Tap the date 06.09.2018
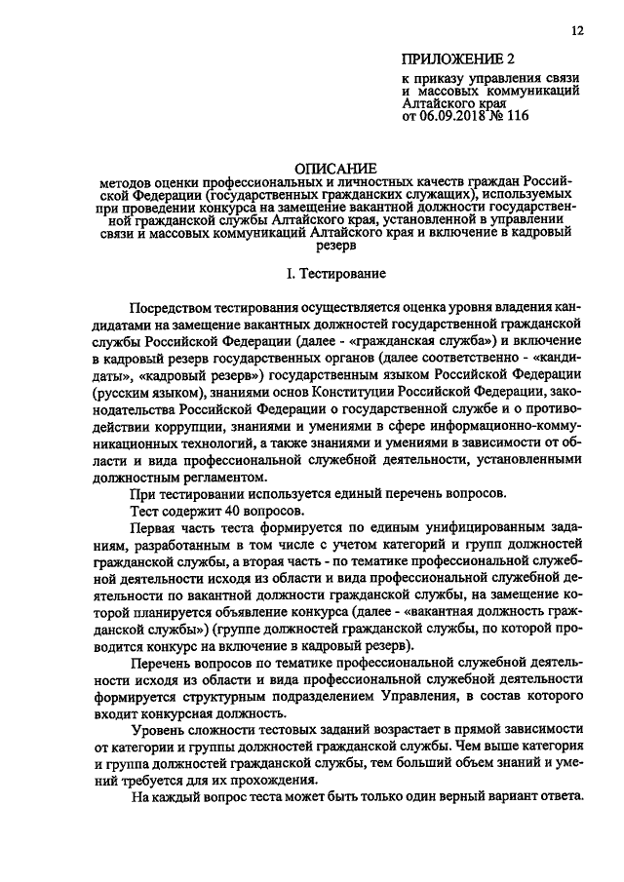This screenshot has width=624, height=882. click(x=457, y=116)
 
